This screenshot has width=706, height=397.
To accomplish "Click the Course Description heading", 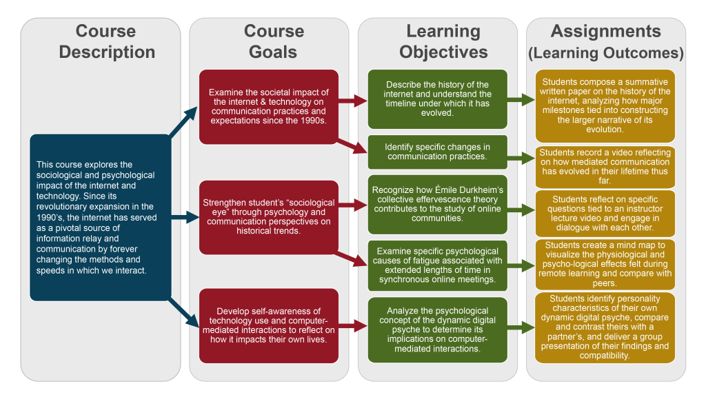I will pyautogui.click(x=106, y=41).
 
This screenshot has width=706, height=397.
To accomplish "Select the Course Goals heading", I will pyautogui.click(x=274, y=41).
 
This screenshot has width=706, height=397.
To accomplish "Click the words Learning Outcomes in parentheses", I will pyautogui.click(x=606, y=53).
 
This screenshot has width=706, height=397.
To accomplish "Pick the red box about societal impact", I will pyautogui.click(x=268, y=106).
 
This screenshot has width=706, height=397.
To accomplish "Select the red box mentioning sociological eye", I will pyautogui.click(x=268, y=217).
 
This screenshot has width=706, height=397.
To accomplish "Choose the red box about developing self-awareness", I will pyautogui.click(x=268, y=325).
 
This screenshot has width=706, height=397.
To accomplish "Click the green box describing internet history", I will pyautogui.click(x=437, y=99).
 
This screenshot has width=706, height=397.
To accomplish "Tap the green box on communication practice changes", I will pyautogui.click(x=437, y=152).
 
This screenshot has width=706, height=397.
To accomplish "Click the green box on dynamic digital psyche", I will pyautogui.click(x=437, y=329).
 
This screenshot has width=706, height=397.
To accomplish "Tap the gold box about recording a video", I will pyautogui.click(x=605, y=167).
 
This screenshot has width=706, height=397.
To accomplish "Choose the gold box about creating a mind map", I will pyautogui.click(x=605, y=264).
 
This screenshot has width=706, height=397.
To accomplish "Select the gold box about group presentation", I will pyautogui.click(x=605, y=327).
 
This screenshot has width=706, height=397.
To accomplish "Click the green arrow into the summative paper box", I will pyautogui.click(x=521, y=101).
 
